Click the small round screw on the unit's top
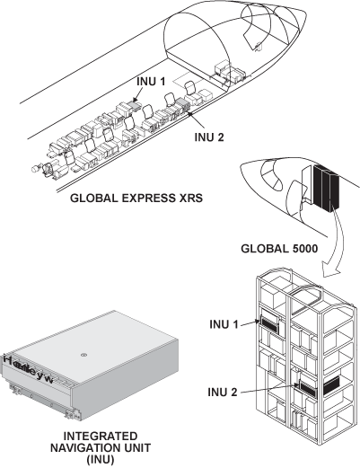coord(83,356)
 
